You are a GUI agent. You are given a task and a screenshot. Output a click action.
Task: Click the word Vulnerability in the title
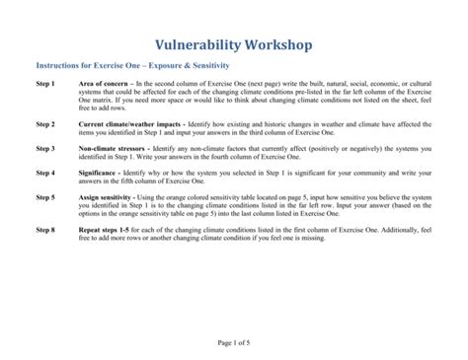click(197, 44)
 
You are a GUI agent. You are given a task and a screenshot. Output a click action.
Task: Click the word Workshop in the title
click(276, 44)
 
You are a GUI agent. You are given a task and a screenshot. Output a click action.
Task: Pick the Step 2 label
click(45, 125)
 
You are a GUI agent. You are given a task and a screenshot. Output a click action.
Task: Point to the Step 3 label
click(45, 148)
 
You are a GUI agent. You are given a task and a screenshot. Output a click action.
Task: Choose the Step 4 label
click(45, 172)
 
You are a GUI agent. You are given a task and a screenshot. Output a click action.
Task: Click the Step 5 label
click(45, 197)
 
